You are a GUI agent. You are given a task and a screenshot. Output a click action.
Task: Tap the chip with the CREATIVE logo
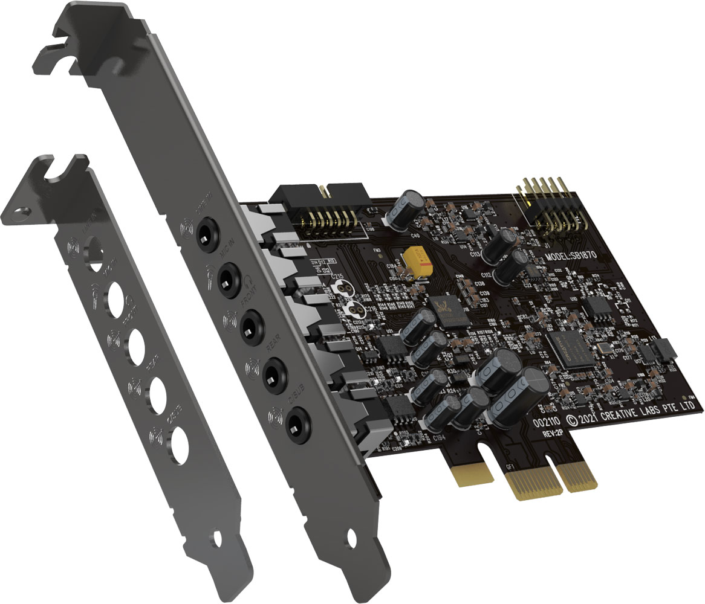[x=568, y=349]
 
